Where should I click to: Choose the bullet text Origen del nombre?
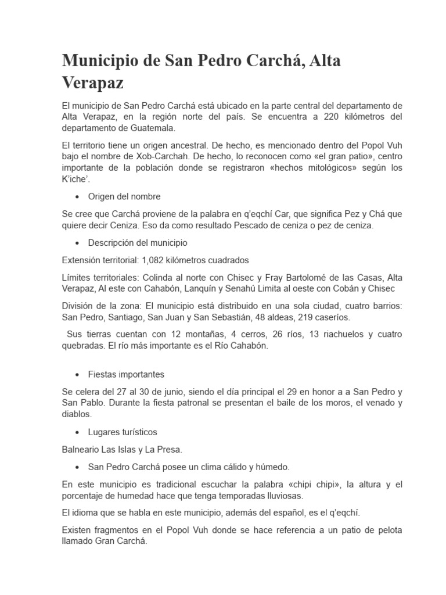coord(124,196)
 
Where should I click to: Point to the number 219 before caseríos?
coord(306,317)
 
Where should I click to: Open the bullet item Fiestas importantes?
coord(126,374)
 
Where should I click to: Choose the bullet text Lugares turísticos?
coord(123,432)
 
